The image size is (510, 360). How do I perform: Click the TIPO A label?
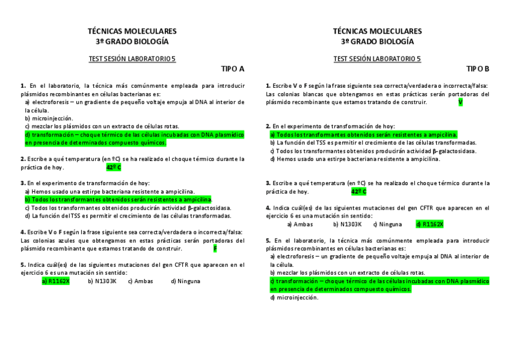click(233, 69)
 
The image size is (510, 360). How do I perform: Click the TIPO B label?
click(478, 69)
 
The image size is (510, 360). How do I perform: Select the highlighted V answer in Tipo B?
click(460, 102)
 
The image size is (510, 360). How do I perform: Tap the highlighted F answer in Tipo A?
click(215, 248)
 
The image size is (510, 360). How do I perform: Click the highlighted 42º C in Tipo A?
click(114, 167)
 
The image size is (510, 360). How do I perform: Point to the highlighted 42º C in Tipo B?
click(358, 192)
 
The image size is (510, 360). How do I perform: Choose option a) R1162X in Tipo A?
click(55, 281)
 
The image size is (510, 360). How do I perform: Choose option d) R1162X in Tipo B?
click(429, 224)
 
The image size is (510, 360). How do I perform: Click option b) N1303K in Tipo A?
click(102, 281)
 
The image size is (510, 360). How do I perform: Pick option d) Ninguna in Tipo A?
click(185, 281)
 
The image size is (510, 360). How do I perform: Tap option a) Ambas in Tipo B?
click(300, 224)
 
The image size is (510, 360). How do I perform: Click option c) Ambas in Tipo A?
click(140, 281)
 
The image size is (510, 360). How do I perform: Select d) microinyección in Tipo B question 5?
click(294, 297)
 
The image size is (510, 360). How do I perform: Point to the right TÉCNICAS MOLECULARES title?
click(377, 31)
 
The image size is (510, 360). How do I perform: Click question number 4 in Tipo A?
click(22, 232)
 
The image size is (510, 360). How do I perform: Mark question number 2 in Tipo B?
click(268, 126)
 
